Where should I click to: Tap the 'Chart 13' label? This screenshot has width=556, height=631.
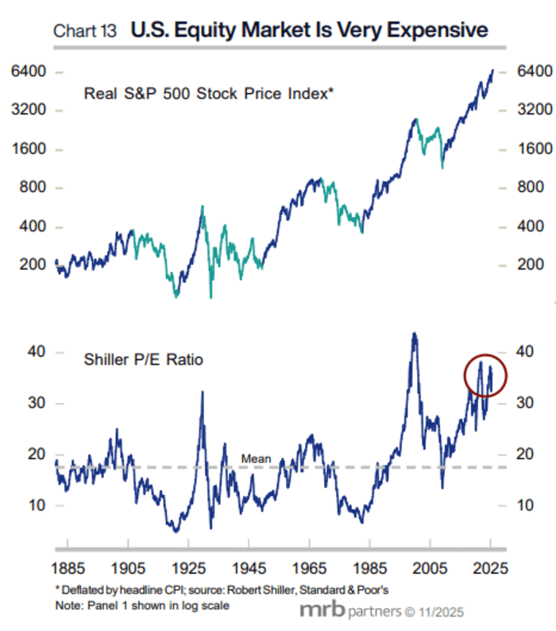point(84,33)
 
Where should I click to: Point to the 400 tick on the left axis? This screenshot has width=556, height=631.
point(29,227)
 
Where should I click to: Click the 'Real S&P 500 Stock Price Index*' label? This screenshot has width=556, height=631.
point(208,94)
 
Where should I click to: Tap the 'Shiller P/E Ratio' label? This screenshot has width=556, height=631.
point(143,360)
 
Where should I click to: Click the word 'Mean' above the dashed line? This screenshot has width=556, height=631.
point(256,459)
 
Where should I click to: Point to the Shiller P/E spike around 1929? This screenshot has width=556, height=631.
point(202,393)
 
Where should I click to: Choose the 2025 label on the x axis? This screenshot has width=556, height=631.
point(491,569)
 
